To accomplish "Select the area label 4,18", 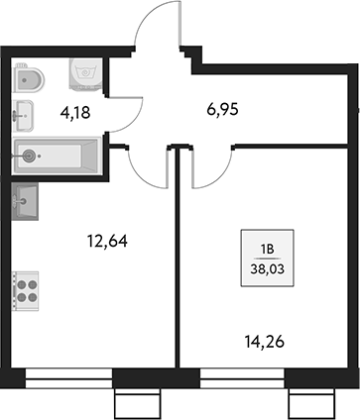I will tap(75, 112).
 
